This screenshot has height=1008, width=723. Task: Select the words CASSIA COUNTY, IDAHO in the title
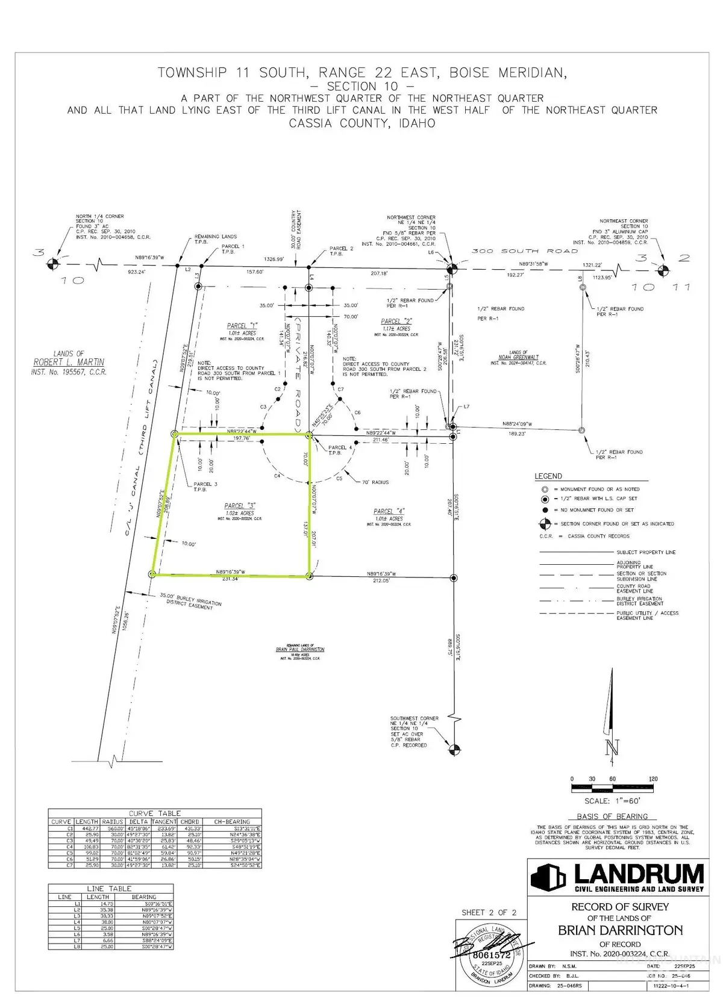pos(361,123)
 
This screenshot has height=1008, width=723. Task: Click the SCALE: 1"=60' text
pos(612,801)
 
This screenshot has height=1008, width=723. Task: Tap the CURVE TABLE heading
pos(154,813)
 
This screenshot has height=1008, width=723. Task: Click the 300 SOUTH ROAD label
pos(524,250)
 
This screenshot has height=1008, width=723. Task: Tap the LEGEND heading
pos(548,476)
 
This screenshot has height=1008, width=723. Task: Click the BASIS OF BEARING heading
pos(612,816)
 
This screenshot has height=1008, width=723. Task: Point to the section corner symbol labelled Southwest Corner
pos(454,749)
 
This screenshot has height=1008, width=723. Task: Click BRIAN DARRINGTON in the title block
pos(620,930)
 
